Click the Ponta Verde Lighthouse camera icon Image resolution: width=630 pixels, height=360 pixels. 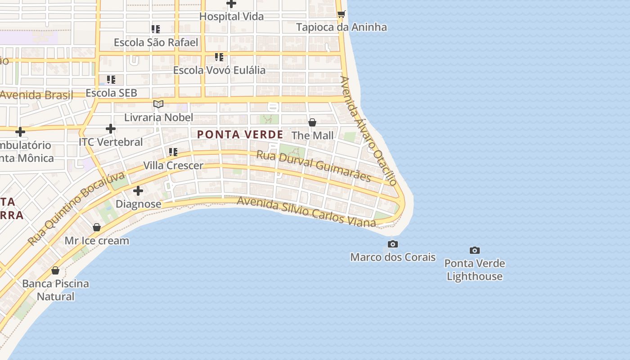click(474, 250)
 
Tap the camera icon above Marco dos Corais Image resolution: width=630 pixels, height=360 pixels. click(392, 244)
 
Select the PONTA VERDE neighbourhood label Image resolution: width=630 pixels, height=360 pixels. click(240, 135)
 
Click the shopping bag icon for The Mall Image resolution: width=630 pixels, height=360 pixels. click(312, 122)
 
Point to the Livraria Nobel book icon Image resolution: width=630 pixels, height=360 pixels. click(158, 104)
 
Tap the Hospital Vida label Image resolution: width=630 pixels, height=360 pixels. click(231, 17)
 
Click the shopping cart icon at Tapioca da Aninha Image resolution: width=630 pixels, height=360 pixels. click(341, 14)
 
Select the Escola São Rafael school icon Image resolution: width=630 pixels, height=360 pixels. click(156, 30)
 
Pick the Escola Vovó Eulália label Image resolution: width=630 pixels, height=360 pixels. click(219, 70)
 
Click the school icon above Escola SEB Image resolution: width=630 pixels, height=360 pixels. click(111, 80)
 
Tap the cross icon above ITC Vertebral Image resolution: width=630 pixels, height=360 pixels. click(111, 129)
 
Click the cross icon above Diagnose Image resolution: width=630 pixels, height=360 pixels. click(138, 191)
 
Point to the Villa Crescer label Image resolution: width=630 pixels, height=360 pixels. click(173, 166)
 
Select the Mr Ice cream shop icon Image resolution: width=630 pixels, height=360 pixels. click(96, 227)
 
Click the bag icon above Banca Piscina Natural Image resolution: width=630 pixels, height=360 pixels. click(55, 270)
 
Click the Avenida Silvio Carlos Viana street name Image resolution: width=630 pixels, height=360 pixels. click(306, 211)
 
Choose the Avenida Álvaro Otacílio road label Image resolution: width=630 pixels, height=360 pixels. click(368, 130)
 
